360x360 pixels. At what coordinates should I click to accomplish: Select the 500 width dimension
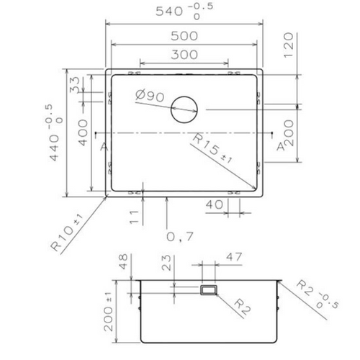(x=186, y=35)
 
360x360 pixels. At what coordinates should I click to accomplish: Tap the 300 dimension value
(x=185, y=54)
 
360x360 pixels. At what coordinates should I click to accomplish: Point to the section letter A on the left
(x=104, y=147)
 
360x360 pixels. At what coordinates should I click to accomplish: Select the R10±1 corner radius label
(x=70, y=233)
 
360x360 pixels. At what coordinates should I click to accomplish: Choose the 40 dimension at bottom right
(x=213, y=205)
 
